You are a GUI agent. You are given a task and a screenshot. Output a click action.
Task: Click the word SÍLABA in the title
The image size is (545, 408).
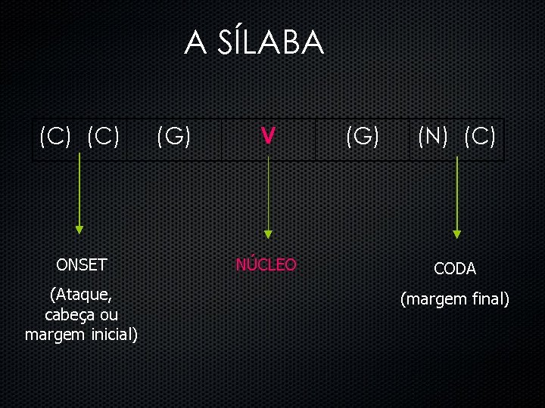(x=270, y=43)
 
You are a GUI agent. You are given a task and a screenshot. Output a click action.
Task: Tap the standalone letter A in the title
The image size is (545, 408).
(x=195, y=44)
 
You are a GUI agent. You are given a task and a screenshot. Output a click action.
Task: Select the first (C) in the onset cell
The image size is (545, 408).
(x=55, y=137)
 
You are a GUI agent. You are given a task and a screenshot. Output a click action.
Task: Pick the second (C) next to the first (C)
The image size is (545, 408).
(x=104, y=137)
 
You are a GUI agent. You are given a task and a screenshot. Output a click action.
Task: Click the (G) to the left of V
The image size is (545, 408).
(x=173, y=137)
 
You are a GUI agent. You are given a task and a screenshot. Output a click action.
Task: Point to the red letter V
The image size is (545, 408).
(x=267, y=137)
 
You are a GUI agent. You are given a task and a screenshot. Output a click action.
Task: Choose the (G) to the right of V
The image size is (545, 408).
(x=363, y=137)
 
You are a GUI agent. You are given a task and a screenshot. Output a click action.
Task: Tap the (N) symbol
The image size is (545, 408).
(x=434, y=137)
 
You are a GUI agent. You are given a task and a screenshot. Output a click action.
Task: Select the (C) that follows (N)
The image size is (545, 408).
(x=480, y=137)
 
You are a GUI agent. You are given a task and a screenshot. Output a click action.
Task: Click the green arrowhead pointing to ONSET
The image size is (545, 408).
(x=79, y=230)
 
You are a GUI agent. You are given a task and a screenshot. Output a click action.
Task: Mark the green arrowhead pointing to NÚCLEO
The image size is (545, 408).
(x=267, y=235)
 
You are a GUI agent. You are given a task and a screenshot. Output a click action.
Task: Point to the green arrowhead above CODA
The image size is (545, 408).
(x=456, y=233)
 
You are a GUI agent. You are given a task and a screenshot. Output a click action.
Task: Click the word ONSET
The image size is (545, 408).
(x=82, y=265)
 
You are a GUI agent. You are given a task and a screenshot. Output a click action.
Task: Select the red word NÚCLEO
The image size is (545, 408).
(x=266, y=264)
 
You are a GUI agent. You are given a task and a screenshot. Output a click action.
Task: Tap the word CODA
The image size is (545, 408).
(x=455, y=268)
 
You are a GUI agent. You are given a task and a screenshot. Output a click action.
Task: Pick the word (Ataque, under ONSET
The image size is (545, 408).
(x=82, y=294)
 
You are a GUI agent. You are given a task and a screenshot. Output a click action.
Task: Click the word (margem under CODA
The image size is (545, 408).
(x=433, y=300)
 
